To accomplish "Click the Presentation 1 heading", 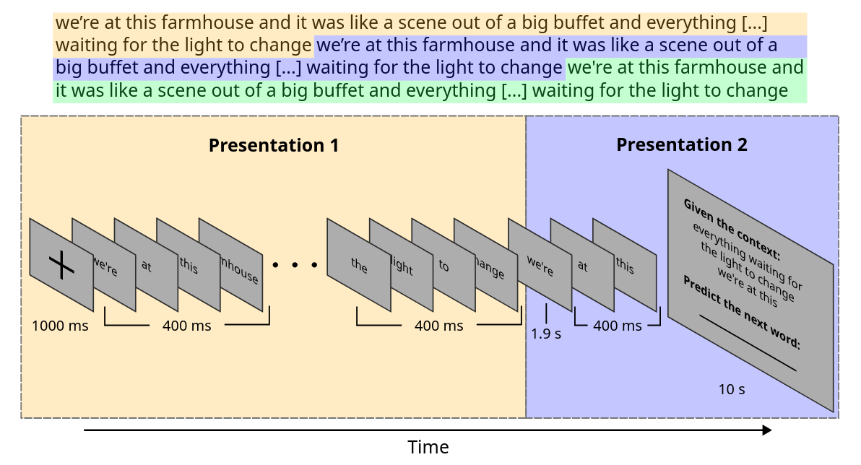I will [x=273, y=145].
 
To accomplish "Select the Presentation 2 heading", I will [x=681, y=144].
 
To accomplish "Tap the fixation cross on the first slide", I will [x=61, y=266].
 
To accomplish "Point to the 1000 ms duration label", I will [x=60, y=326].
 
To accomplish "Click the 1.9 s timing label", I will [x=546, y=334].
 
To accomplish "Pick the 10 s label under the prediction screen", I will [x=731, y=389].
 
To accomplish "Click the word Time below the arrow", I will [x=428, y=447].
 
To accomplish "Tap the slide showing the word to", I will [x=443, y=266].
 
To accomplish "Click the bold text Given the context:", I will [x=732, y=229].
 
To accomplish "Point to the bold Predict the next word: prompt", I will [x=741, y=311].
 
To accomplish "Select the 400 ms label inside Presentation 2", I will [x=617, y=326].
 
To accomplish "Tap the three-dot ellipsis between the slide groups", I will [x=295, y=265].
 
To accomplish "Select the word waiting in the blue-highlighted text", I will [x=342, y=68].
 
